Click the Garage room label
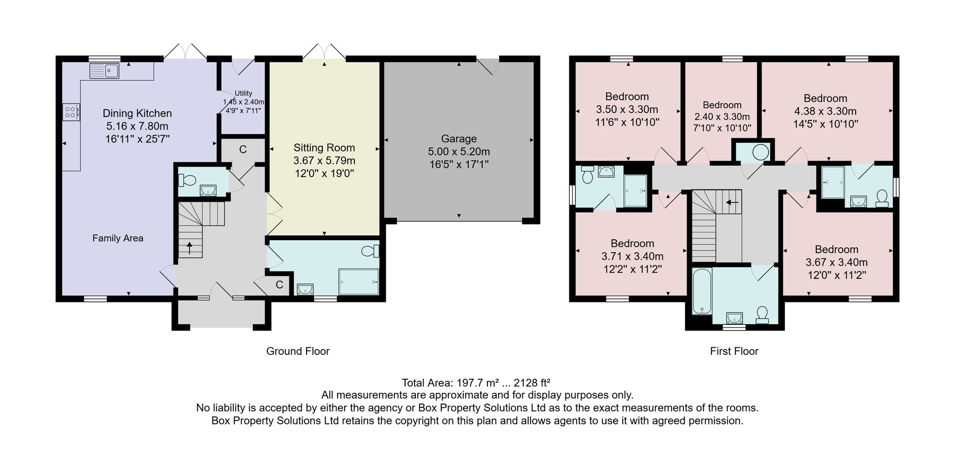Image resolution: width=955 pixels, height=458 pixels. [x=458, y=139]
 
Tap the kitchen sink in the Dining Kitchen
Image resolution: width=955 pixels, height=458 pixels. [x=104, y=71]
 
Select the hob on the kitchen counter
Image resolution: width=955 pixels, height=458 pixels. [x=71, y=112]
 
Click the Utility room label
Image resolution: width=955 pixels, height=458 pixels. [x=244, y=94]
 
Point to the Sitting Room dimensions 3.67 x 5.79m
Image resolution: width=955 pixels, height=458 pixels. [x=324, y=160]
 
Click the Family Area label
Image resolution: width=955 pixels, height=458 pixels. [x=118, y=238]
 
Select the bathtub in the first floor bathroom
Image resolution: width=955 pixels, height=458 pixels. [x=702, y=291]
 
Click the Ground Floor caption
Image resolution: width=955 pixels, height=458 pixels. [x=298, y=351]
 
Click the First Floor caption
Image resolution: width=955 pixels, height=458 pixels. [x=734, y=351]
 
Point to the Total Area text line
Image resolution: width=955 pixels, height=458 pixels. [x=476, y=383]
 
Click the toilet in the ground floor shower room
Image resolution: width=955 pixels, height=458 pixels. [x=371, y=250]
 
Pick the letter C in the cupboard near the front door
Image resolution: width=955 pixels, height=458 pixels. [x=279, y=285]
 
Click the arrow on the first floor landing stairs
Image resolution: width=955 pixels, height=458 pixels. [x=732, y=202]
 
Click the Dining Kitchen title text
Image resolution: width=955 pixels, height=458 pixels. [x=137, y=114]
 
